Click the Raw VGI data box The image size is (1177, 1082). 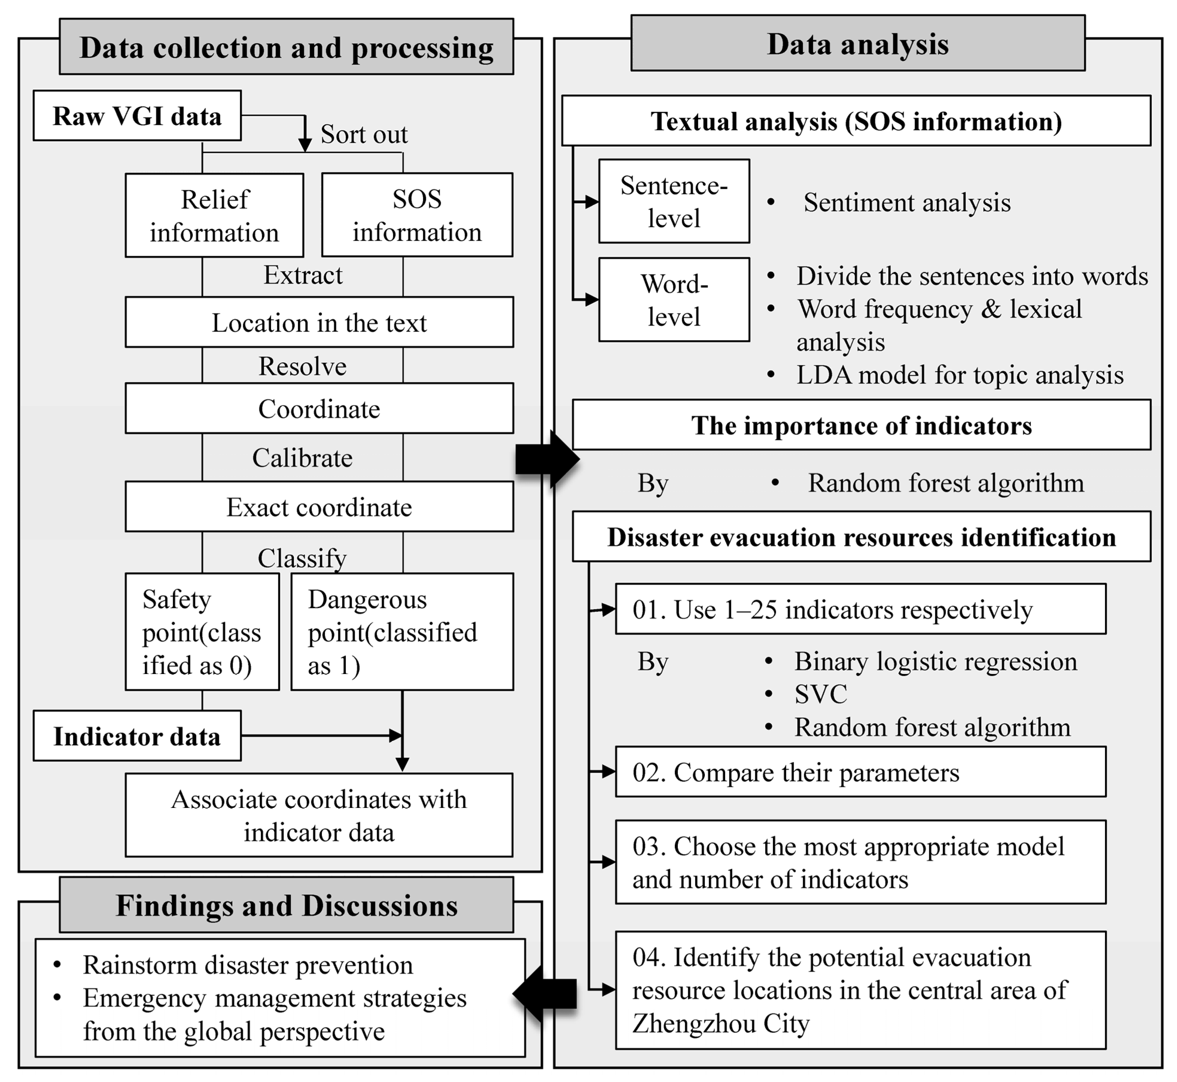point(137,115)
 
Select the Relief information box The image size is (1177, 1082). point(214,215)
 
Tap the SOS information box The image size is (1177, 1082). point(417,215)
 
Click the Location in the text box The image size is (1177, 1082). point(319,322)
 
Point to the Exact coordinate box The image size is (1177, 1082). point(319,506)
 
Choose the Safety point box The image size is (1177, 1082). point(202,631)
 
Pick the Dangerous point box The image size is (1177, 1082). point(402,631)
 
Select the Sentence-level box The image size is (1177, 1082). point(674,201)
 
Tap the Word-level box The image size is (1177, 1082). point(674,299)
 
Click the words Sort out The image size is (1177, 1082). point(364,134)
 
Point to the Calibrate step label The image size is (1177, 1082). point(302,458)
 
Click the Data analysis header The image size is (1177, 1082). point(858,44)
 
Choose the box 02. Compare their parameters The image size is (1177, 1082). point(860,772)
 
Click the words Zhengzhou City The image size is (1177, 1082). point(721,1023)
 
